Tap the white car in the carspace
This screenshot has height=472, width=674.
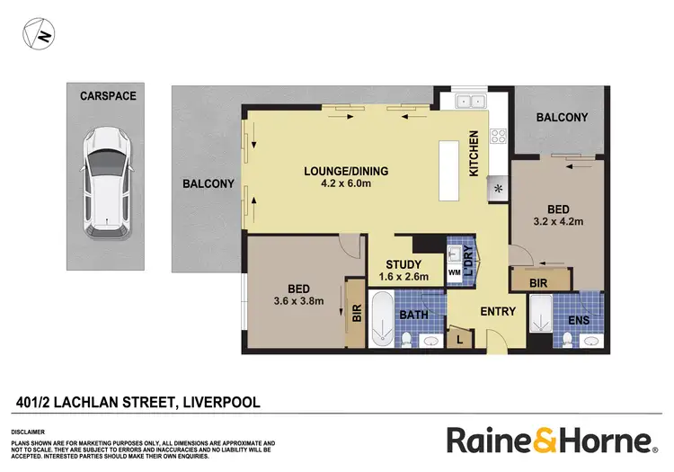tap(105, 180)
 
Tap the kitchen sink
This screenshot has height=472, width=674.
tap(468, 102)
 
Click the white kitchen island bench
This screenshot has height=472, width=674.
tap(448, 172)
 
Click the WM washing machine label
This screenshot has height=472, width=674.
tap(455, 271)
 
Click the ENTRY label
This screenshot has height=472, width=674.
tap(498, 312)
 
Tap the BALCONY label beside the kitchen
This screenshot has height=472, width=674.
tap(562, 118)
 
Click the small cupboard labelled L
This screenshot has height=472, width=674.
tap(461, 338)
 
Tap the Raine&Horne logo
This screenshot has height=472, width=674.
tap(550, 441)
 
